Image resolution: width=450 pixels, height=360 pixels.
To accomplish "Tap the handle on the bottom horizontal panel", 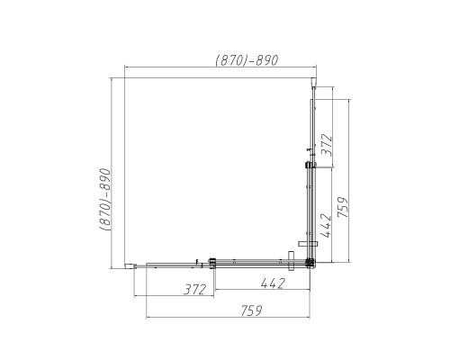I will point(291,261).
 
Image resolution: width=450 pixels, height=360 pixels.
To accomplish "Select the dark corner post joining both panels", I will point(310,263).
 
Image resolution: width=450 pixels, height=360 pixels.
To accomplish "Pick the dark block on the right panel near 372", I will point(310,166).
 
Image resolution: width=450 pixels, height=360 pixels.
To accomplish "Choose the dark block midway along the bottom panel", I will point(213,263).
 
